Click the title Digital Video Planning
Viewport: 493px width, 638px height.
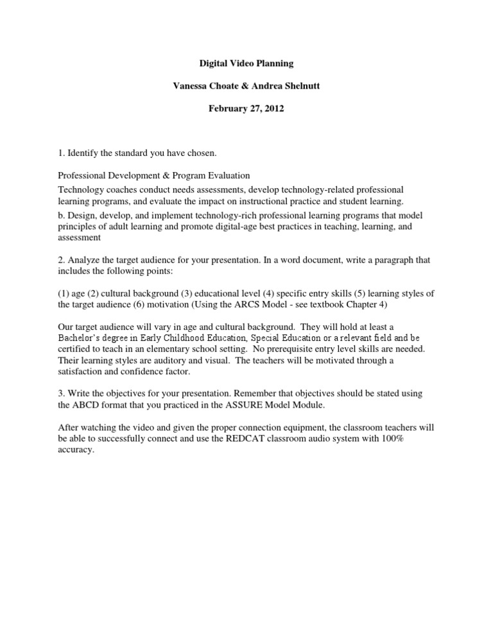246,65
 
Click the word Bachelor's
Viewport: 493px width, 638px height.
82,338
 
